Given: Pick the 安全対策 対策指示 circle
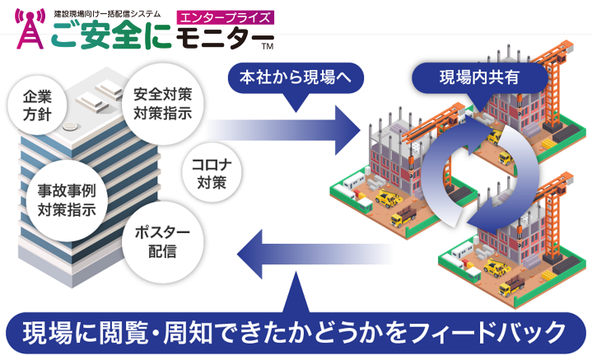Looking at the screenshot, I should click(161, 103).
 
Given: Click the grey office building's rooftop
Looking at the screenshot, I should click(78, 99).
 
